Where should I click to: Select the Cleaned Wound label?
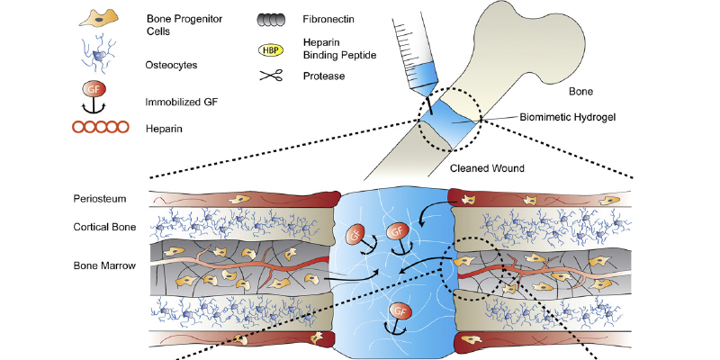click(486, 167)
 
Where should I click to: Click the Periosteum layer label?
click(100, 198)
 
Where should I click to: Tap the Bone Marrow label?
click(103, 265)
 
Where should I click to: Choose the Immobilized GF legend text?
click(183, 103)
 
